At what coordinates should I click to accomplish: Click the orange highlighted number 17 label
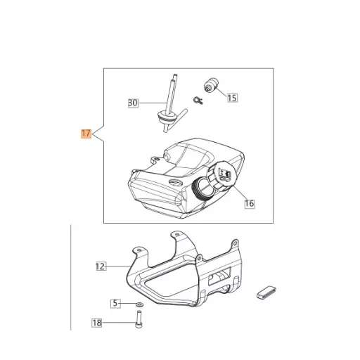coord(86,134)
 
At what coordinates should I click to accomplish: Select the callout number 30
coord(133,103)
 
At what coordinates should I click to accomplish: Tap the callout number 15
coord(232,98)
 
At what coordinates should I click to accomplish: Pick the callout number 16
coord(250,203)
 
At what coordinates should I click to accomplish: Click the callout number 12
coord(101,266)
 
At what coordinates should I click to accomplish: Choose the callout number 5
coord(115,304)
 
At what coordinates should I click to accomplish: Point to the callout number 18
coord(96,323)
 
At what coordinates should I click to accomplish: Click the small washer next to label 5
coord(140,304)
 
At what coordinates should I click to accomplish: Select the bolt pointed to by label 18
coord(139,319)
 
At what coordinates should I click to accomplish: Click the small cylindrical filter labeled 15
coord(211,85)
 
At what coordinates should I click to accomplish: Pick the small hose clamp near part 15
coord(198,101)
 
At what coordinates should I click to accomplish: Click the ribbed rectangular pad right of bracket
coord(266,292)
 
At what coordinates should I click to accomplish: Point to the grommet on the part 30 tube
coord(162,117)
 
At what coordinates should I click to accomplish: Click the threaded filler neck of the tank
coord(202,189)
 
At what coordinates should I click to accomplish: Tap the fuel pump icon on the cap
coord(225,174)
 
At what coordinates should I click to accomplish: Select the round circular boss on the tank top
coord(175,183)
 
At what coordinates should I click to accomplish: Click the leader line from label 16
coord(240,192)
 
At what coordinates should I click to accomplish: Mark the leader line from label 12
coord(118,266)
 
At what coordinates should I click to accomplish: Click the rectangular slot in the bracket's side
coord(219,276)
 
